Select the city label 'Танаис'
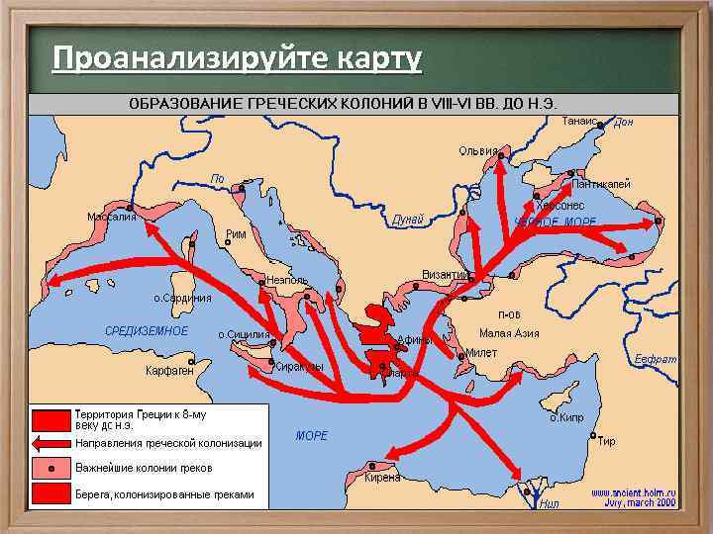click(579, 121)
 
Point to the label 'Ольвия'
click(478, 151)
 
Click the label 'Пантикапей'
click(601, 185)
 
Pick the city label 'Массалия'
click(112, 217)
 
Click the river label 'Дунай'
click(408, 219)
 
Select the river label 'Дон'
click(623, 123)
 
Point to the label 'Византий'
click(446, 274)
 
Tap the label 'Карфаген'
click(169, 370)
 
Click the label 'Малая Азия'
click(509, 333)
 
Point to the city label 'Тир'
click(606, 441)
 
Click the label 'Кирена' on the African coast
click(382, 477)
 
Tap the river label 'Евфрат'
click(656, 359)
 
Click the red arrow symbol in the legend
click(51, 443)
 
